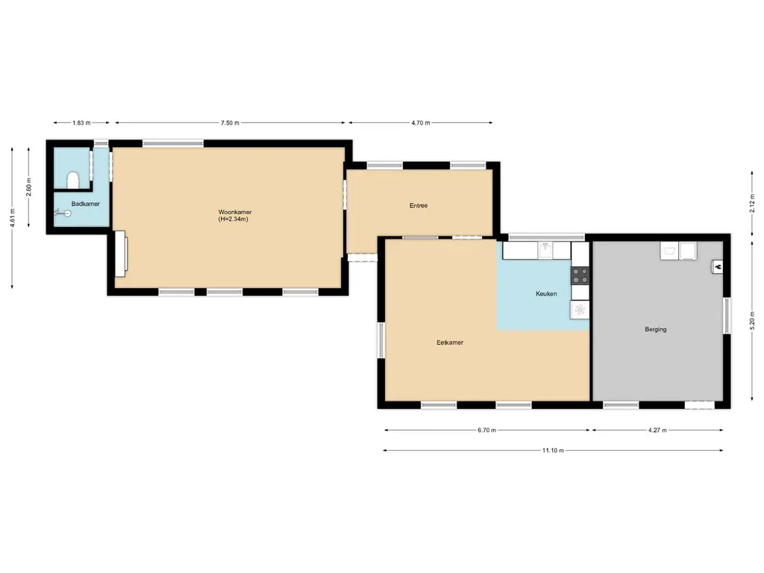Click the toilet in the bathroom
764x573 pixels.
(x=73, y=180)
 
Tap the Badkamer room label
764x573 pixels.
(x=85, y=204)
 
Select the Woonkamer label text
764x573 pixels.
(x=235, y=212)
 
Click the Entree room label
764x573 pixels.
(x=418, y=206)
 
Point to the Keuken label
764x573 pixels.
(x=546, y=294)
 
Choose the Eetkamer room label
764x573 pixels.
(x=450, y=342)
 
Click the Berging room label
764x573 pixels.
(x=655, y=329)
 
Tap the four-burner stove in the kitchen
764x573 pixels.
(x=580, y=276)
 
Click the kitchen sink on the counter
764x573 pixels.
(x=545, y=251)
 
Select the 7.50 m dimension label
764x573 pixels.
(x=230, y=123)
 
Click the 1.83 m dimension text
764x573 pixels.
(x=81, y=123)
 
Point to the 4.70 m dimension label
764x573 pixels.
(x=421, y=123)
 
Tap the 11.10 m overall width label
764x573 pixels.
(x=553, y=450)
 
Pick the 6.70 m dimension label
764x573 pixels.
(x=486, y=430)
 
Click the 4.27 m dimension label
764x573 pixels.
(x=657, y=430)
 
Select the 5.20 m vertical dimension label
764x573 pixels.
(x=752, y=321)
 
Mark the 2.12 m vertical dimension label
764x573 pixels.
(x=752, y=203)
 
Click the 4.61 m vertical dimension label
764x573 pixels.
(x=12, y=217)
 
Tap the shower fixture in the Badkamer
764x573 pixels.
(x=63, y=213)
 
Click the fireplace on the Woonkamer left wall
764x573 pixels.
(x=120, y=254)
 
